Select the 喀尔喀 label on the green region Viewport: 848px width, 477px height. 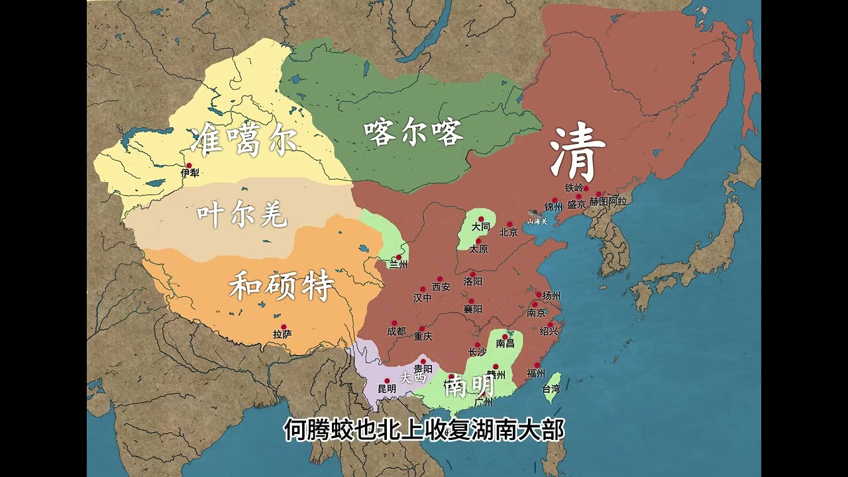413,133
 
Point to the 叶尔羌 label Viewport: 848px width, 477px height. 242,215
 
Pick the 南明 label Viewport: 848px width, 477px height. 469,386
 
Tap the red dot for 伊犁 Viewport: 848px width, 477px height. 189,166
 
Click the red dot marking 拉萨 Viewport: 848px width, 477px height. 284,327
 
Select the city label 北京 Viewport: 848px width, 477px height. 508,233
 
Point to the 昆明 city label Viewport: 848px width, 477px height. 387,389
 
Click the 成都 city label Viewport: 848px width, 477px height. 396,331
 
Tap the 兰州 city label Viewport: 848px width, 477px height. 398,265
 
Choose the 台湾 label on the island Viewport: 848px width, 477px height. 551,389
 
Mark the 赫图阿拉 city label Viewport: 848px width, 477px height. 608,201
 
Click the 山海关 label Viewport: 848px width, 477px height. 537,221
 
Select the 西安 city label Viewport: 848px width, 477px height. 441,287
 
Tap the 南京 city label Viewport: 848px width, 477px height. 536,313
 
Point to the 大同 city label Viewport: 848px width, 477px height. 481,227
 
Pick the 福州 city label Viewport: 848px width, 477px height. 535,373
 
